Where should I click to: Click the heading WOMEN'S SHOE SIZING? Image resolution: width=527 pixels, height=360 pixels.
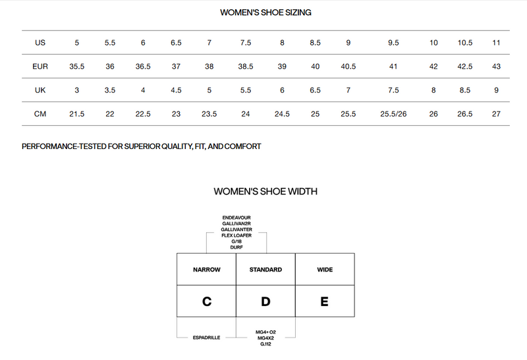click(x=265, y=13)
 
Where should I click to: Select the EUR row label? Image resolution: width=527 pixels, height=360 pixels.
click(x=40, y=67)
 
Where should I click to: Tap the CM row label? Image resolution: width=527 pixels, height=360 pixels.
click(x=40, y=114)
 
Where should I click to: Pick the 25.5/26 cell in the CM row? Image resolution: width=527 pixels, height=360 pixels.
click(x=393, y=114)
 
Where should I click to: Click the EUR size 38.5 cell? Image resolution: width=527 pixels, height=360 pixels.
click(x=245, y=67)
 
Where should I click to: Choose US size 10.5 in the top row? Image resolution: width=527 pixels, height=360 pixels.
click(x=465, y=43)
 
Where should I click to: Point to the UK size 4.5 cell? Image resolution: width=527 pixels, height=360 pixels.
click(x=176, y=90)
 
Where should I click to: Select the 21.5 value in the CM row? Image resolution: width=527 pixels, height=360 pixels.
click(x=76, y=114)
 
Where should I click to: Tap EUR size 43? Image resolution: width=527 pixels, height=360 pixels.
click(x=496, y=67)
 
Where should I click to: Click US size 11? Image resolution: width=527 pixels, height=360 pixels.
click(x=496, y=43)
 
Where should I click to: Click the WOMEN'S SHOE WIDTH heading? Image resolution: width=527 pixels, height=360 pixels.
click(x=265, y=191)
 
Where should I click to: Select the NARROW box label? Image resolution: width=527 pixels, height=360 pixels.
click(x=207, y=270)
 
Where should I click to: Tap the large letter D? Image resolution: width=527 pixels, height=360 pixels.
click(x=265, y=301)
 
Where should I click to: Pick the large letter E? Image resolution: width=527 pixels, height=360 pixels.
click(x=324, y=301)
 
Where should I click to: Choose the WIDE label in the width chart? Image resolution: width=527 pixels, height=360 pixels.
click(x=325, y=270)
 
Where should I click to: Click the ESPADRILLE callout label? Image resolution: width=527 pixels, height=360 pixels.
click(x=206, y=338)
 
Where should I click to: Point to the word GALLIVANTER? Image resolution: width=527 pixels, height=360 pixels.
click(x=236, y=229)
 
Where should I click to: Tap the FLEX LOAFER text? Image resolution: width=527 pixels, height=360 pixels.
click(x=236, y=235)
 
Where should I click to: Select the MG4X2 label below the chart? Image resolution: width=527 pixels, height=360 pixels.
click(x=265, y=338)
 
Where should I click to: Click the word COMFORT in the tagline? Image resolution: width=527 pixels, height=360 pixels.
click(x=242, y=146)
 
